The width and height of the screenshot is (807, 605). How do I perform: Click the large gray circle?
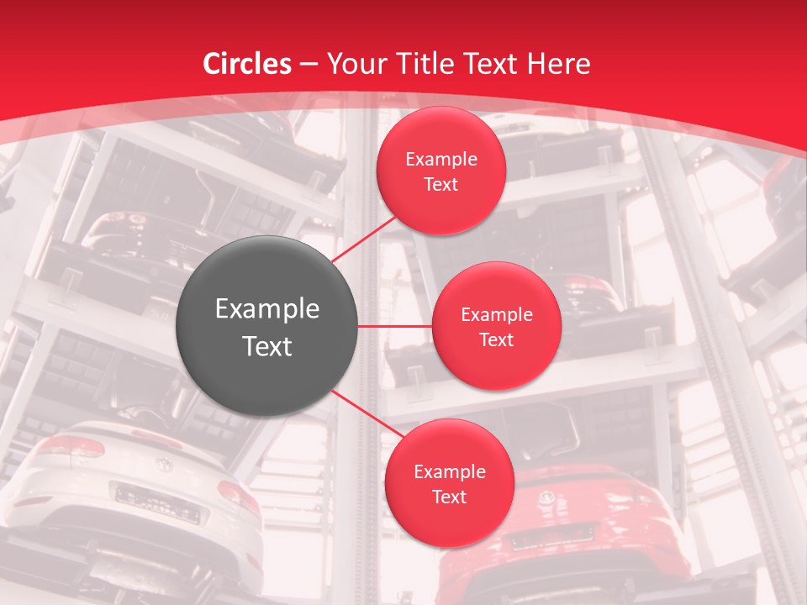click(x=266, y=326)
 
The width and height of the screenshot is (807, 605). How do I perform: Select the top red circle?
click(x=440, y=171)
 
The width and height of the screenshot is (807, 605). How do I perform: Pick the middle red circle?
click(x=496, y=326)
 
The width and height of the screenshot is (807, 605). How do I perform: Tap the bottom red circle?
click(x=449, y=483)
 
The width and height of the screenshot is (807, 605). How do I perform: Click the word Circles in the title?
click(x=247, y=64)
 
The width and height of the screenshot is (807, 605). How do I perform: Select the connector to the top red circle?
click(x=366, y=237)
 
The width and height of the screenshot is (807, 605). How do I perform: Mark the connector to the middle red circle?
click(x=394, y=326)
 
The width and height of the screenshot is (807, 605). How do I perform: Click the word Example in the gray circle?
click(x=267, y=309)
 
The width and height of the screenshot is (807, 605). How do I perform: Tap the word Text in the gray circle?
click(x=267, y=346)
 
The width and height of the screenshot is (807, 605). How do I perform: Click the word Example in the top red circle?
click(x=441, y=160)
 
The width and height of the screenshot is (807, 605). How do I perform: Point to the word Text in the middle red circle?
click(x=496, y=340)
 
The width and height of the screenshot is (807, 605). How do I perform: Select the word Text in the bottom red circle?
click(x=449, y=497)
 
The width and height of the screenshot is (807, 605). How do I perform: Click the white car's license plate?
click(x=157, y=504)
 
